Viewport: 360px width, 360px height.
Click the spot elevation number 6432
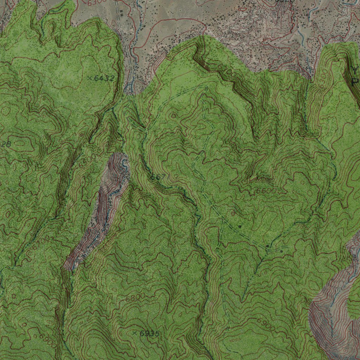pos(104,78)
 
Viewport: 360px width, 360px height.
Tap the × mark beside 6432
pos(90,78)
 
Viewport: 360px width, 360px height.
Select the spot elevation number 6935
pos(149,334)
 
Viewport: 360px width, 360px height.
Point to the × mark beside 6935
pos(134,333)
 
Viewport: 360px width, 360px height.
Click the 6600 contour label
pos(267,191)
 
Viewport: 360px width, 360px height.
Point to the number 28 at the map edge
pos(6,144)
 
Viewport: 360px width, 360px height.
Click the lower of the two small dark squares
pos(121,15)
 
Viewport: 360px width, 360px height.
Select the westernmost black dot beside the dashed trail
pos(240,227)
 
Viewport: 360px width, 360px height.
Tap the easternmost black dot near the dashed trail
pos(282,251)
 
